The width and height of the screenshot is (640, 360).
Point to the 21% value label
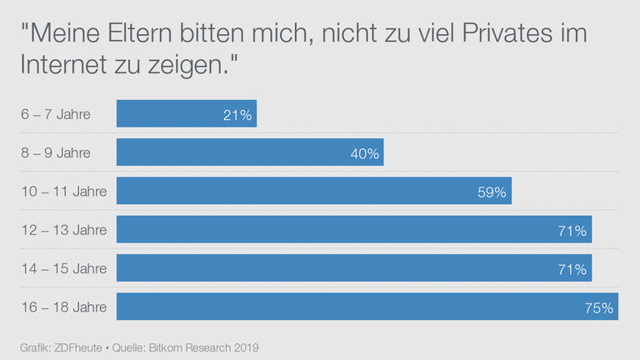(x=237, y=115)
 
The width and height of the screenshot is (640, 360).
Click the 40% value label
(x=365, y=153)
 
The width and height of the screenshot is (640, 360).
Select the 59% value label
(x=492, y=192)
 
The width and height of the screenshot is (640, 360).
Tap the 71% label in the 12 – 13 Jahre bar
(x=572, y=230)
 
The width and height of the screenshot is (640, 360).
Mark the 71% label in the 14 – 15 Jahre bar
(x=572, y=268)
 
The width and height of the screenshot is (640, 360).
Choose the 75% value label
(x=599, y=307)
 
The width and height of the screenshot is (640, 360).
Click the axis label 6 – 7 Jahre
(x=56, y=114)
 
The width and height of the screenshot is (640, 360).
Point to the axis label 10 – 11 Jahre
(x=63, y=191)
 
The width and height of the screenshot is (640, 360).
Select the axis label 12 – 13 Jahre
(x=63, y=230)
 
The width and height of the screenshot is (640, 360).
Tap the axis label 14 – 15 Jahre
(x=63, y=268)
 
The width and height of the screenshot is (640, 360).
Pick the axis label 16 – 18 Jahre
(x=63, y=307)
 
